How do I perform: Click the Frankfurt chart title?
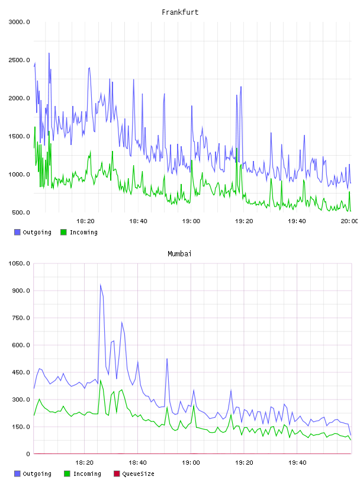coord(180,12)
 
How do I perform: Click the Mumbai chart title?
coord(179,254)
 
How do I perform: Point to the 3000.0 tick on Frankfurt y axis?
coord(19,22)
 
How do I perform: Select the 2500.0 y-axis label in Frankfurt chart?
coord(19,60)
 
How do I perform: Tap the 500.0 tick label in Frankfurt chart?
coord(21,212)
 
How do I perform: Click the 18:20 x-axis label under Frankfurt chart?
coord(85,221)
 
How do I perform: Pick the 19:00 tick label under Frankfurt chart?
coord(191,221)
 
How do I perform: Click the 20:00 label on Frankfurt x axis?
coord(349,221)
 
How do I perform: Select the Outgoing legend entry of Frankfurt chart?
coord(33,232)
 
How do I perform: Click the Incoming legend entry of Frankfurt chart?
coord(79,232)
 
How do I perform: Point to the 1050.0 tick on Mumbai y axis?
coord(19,263)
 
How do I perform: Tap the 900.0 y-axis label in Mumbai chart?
coord(21,291)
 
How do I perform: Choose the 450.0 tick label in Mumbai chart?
coord(21,372)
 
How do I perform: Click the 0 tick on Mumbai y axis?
coord(28,454)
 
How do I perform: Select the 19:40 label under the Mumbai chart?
coord(297,463)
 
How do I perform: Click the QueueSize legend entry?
coord(134,474)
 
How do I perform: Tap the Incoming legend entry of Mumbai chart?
coord(83,474)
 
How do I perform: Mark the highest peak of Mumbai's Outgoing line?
coord(101,285)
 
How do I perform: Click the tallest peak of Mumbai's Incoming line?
coord(101,381)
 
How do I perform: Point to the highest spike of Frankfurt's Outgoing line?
coord(49,54)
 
